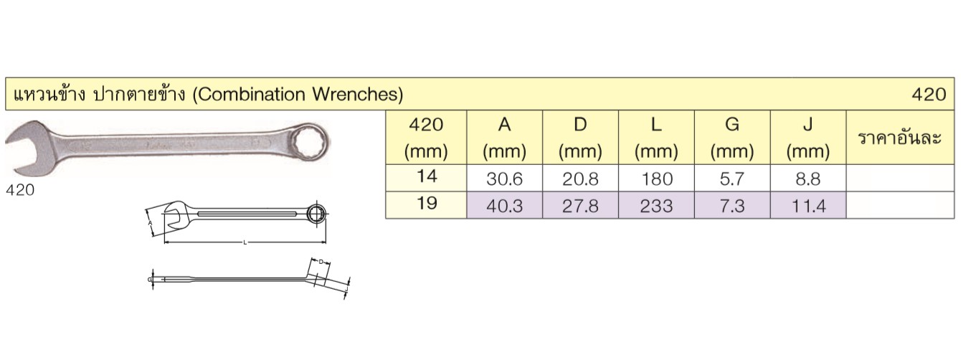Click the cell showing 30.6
click(505, 179)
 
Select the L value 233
click(656, 207)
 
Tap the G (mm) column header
click(732, 137)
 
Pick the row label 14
click(427, 176)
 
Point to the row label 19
click(427, 203)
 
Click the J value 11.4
click(808, 207)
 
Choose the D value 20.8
click(580, 179)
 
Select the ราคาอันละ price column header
click(899, 138)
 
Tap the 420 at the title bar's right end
click(929, 95)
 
